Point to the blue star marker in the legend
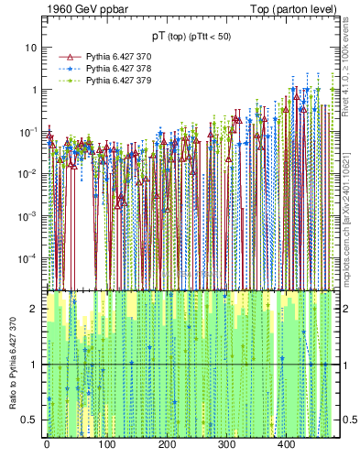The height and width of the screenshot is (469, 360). click(64, 69)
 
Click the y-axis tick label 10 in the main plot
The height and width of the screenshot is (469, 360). click(31, 47)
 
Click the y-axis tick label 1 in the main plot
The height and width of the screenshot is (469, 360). click(34, 89)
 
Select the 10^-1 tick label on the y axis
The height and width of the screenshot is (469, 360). click(28, 131)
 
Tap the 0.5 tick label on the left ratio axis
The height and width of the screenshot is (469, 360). click(30, 420)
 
